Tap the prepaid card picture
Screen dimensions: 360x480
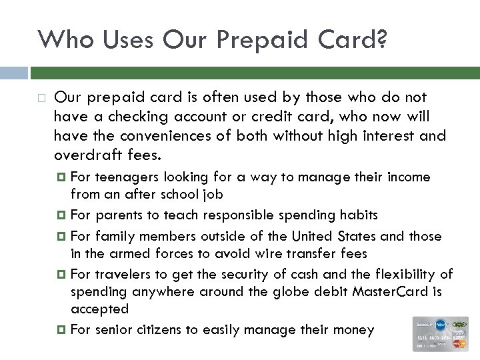click(440, 333)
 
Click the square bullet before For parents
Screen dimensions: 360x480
click(62, 216)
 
